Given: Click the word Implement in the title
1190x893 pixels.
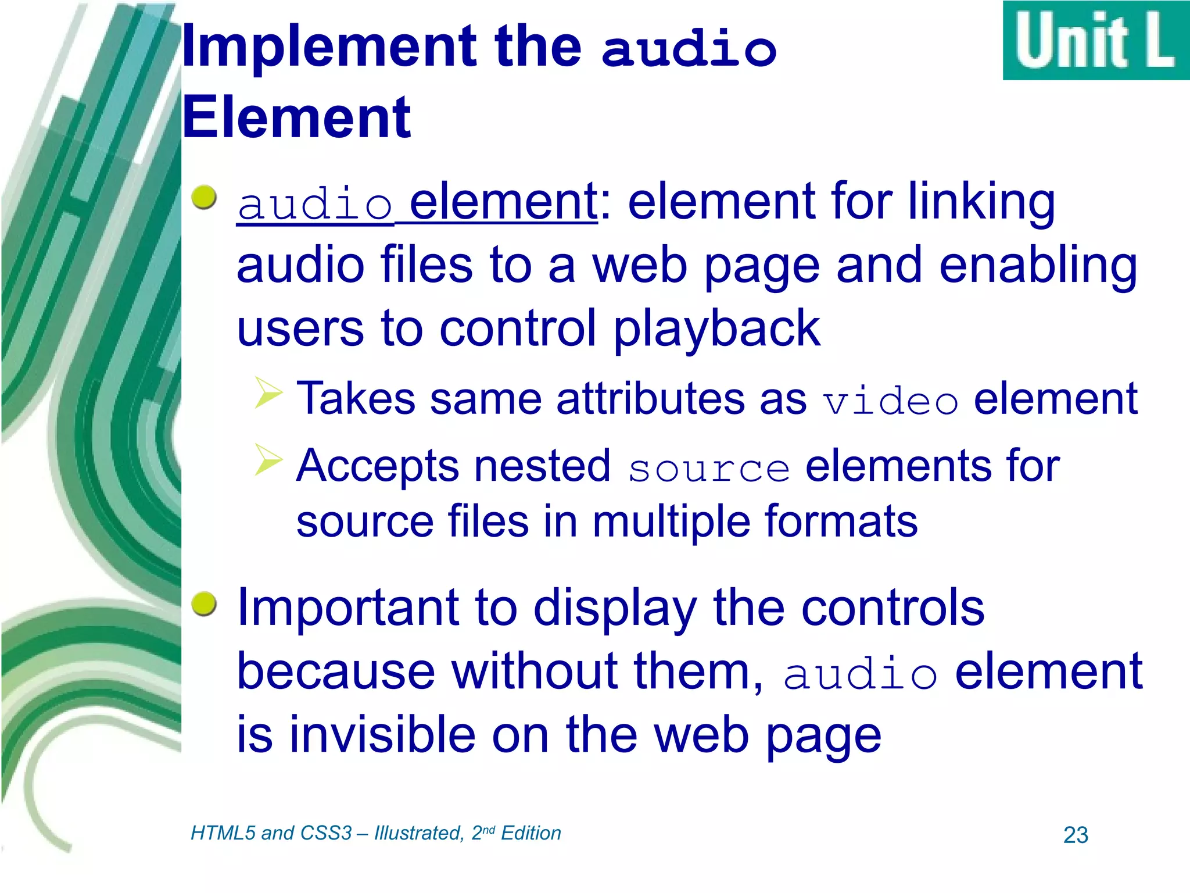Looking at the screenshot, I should coord(329,48).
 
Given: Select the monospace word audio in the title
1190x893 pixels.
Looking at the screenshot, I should coord(689,49).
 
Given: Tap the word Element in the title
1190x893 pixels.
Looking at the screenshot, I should coord(297,118).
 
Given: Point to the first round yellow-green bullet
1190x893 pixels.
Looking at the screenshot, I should coord(204,198).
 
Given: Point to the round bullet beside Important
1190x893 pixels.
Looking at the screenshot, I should coord(204,605).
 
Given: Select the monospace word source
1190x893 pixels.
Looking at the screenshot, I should coord(708,469).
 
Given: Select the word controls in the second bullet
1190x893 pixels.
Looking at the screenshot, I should coord(892,608).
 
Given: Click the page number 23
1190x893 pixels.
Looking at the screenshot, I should coord(1075,835).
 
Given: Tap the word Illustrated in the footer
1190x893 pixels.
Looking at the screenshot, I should coord(418,833).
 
